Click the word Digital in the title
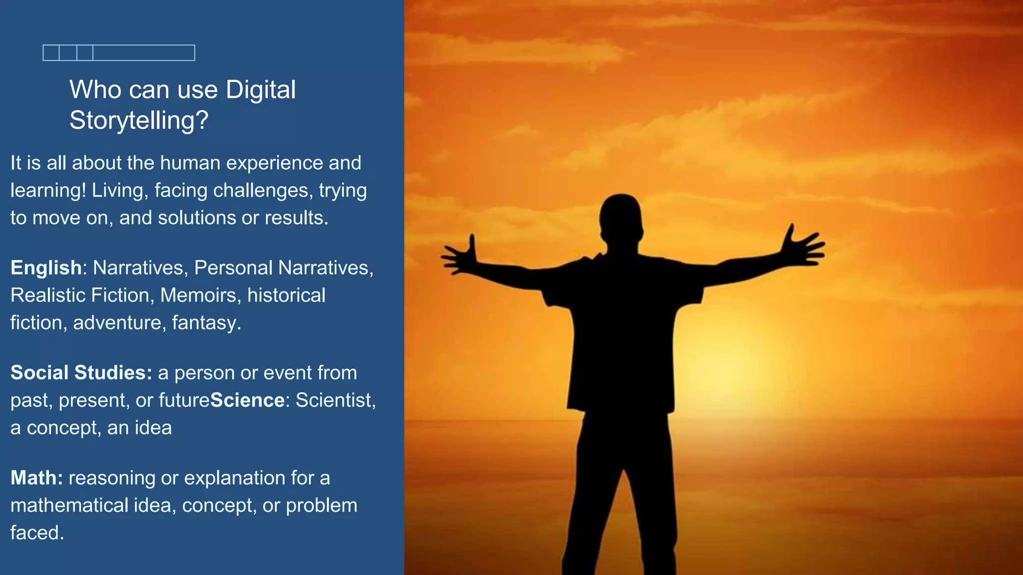click(x=260, y=90)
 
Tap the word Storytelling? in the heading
click(x=138, y=120)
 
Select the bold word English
click(x=46, y=268)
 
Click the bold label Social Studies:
click(x=81, y=373)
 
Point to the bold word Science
click(x=247, y=400)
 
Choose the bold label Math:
click(x=36, y=478)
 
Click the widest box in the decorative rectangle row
click(x=144, y=53)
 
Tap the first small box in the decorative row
click(x=51, y=53)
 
